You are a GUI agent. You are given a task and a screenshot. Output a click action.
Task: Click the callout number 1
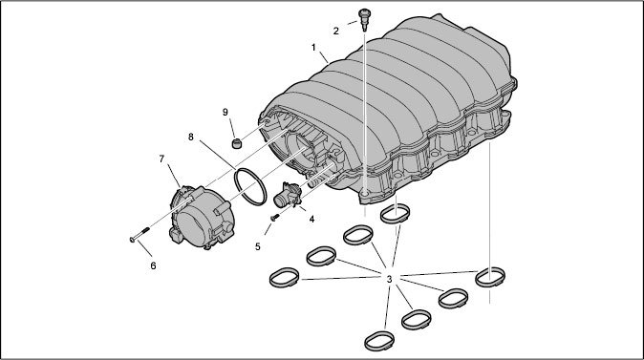pyautogui.click(x=313, y=48)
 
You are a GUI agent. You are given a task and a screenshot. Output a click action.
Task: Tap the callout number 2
pyautogui.click(x=336, y=31)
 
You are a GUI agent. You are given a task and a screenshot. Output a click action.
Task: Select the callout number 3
pyautogui.click(x=389, y=279)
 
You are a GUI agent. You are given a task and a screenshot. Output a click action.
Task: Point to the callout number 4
pyautogui.click(x=311, y=220)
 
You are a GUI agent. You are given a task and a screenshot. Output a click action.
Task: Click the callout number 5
pyautogui.click(x=258, y=246)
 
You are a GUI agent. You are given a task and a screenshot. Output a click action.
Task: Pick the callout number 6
pyautogui.click(x=153, y=266)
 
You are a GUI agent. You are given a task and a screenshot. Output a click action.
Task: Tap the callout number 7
pyautogui.click(x=161, y=159)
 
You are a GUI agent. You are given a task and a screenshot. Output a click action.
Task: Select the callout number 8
pyautogui.click(x=190, y=137)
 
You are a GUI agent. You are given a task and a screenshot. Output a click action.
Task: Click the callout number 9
pyautogui.click(x=225, y=112)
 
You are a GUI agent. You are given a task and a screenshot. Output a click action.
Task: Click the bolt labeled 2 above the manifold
pyautogui.click(x=363, y=19)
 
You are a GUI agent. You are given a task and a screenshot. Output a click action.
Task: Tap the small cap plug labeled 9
pyautogui.click(x=236, y=143)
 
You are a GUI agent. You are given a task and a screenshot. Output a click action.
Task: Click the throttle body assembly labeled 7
pyautogui.click(x=202, y=217)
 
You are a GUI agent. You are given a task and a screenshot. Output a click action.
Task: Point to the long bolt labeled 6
pyautogui.click(x=140, y=234)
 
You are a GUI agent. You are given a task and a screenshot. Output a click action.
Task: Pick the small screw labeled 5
pyautogui.click(x=274, y=217)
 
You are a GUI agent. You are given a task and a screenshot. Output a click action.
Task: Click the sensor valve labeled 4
pyautogui.click(x=288, y=195)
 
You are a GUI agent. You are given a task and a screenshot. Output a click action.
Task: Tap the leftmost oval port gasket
pyautogui.click(x=284, y=278)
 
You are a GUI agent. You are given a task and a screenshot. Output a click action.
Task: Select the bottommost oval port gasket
pyautogui.click(x=379, y=341)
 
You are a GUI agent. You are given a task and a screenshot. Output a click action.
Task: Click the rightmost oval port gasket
pyautogui.click(x=490, y=277)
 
